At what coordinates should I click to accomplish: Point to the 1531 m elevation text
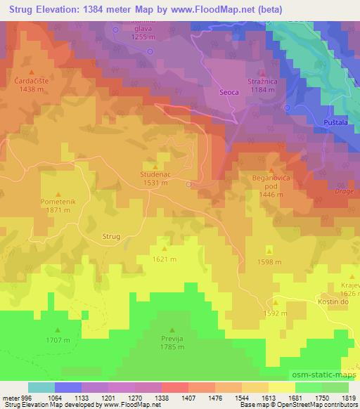155,183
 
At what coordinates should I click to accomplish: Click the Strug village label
112,237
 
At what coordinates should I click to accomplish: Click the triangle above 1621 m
165,248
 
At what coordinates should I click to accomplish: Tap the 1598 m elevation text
269,262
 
